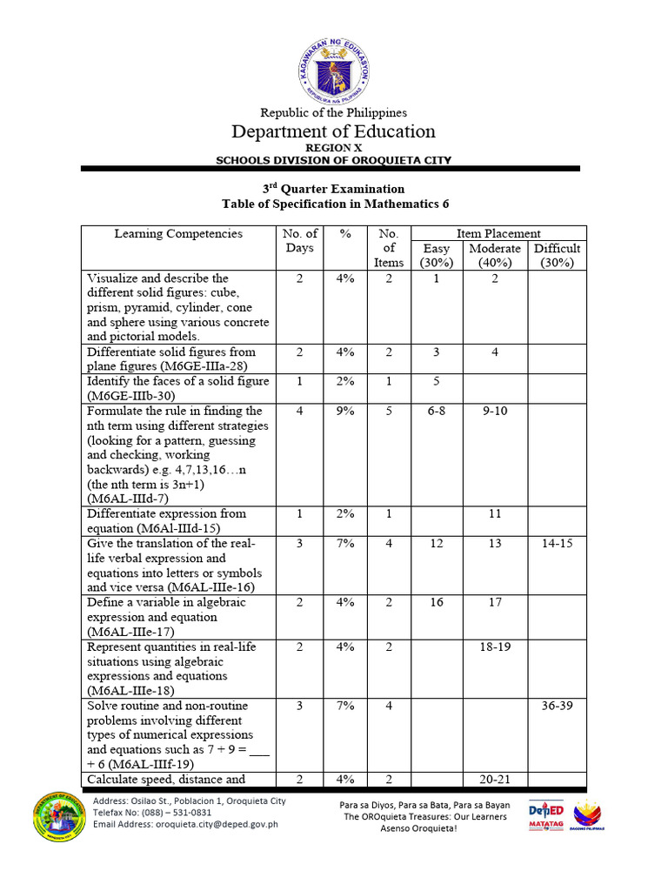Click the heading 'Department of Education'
coord(333,131)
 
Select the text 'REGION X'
coord(333,148)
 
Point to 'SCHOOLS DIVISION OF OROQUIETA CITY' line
coord(333,161)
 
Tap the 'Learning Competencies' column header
coord(178,233)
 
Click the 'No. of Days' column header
coord(300,240)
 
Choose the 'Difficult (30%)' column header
coord(557,255)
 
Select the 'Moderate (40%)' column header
coord(495,255)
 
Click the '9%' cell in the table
coord(346,411)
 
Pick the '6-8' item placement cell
coord(436,411)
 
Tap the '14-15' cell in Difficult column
coord(557,543)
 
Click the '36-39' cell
coord(557,706)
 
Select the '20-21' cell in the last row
coord(495,780)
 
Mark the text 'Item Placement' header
coord(498,233)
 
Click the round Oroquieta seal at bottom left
coord(59,817)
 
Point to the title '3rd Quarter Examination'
coord(333,189)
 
